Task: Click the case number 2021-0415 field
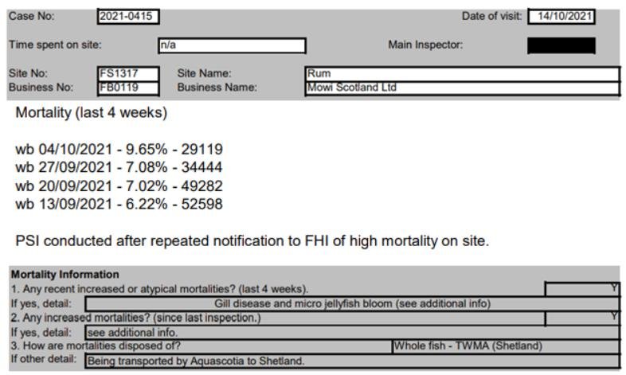(x=128, y=16)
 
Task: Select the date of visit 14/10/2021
(x=561, y=17)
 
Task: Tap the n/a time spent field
(x=231, y=45)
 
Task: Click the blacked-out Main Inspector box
(x=561, y=45)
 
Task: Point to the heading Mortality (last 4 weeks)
(x=92, y=113)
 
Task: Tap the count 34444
(x=203, y=167)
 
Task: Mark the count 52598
(x=203, y=205)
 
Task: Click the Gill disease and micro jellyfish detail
(x=353, y=303)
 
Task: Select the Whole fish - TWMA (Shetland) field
(x=468, y=346)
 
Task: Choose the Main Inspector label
(x=425, y=45)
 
